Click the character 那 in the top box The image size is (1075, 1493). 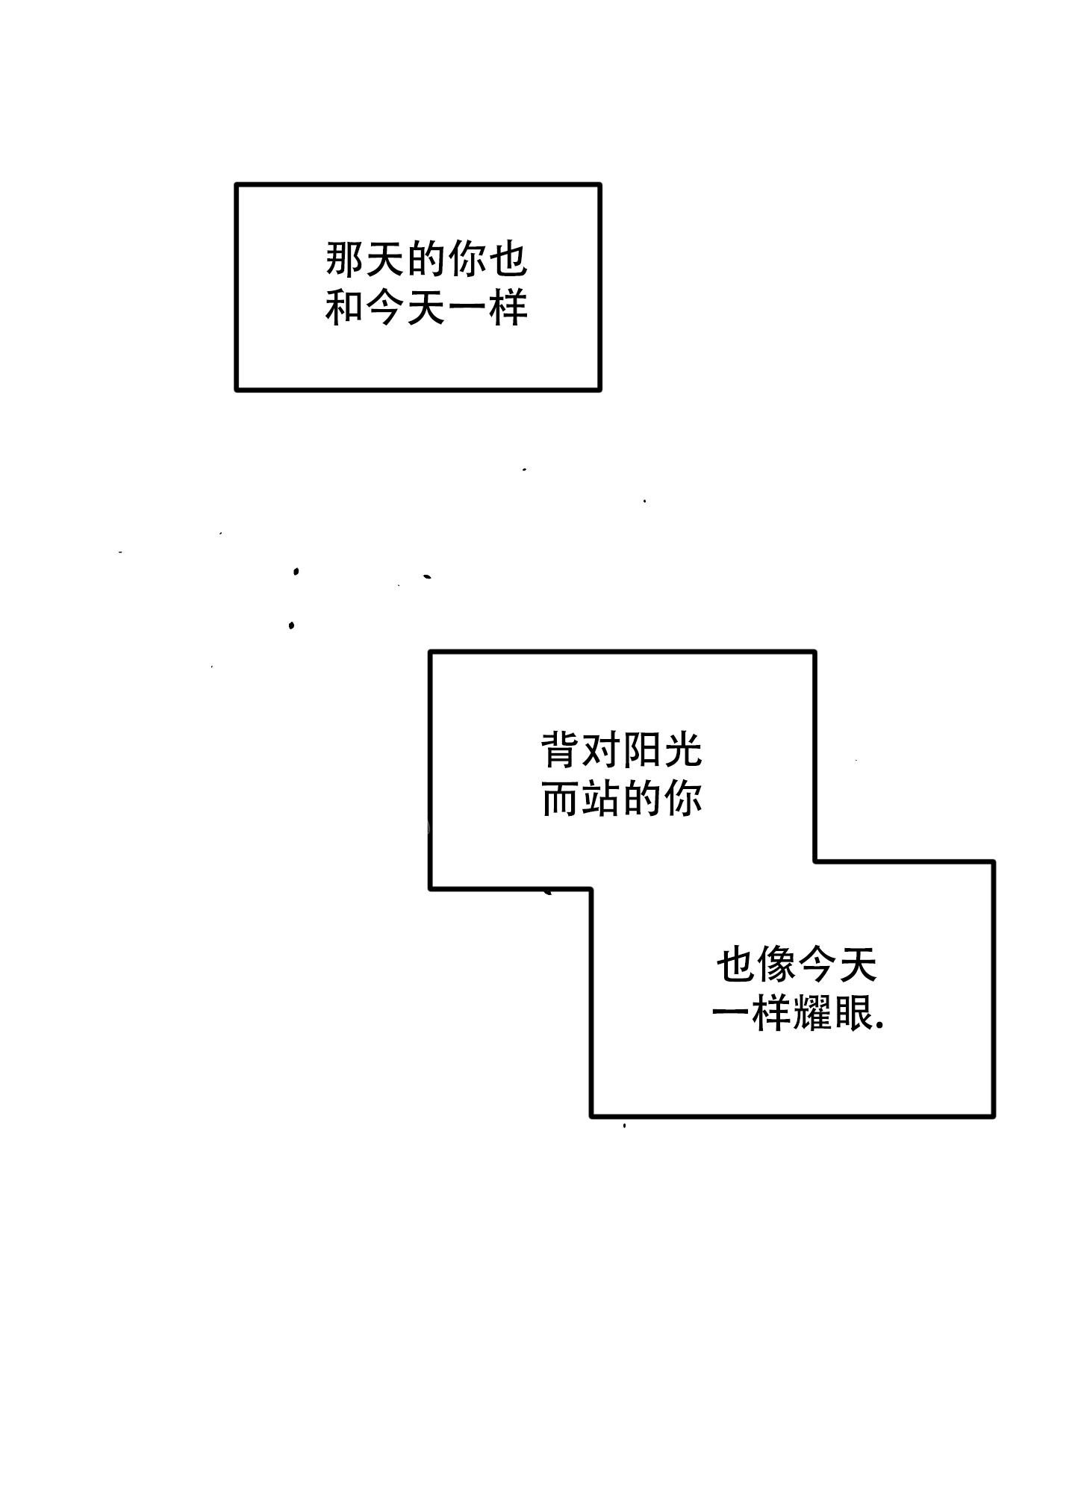345,260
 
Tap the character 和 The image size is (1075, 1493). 345,308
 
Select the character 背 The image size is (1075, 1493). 561,750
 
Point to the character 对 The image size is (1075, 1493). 601,750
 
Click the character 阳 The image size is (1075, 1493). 642,750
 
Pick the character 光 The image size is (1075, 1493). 682,750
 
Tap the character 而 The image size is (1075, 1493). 561,799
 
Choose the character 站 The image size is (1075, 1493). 601,799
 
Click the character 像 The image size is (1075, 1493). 776,965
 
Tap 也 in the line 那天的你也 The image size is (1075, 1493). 508,260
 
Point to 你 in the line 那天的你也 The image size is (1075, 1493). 467,260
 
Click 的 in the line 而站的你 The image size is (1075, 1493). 642,799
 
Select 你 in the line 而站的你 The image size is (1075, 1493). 682,799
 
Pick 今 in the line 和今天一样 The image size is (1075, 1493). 385,308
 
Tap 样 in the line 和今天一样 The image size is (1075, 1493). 508,308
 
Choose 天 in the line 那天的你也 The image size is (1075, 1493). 385,260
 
